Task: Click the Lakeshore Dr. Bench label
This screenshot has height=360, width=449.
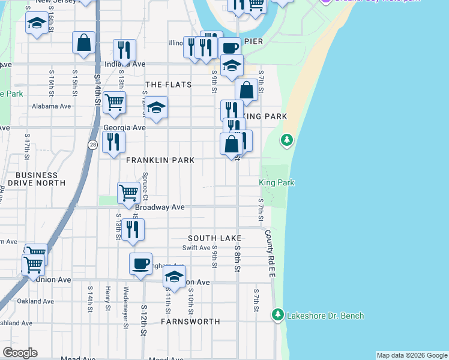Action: click(x=325, y=316)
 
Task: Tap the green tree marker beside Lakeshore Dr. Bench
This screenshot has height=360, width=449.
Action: click(x=277, y=314)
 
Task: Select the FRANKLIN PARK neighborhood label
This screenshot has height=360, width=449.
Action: click(x=160, y=160)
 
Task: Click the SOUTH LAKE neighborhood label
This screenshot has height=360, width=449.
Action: click(x=214, y=238)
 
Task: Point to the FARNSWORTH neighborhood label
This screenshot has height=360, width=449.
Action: click(x=190, y=322)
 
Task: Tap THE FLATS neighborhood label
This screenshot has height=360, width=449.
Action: click(x=169, y=85)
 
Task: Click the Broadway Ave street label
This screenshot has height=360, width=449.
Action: click(x=159, y=207)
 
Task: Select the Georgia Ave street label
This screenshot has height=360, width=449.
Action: click(x=124, y=128)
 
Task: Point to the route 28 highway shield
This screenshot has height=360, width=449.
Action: click(x=92, y=145)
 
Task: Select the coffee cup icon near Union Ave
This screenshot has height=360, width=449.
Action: click(x=141, y=263)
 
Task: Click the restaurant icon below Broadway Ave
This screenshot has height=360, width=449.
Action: click(x=133, y=229)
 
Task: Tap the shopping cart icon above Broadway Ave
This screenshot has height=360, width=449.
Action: click(x=129, y=193)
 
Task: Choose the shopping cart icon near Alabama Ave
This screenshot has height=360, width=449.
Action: click(x=114, y=101)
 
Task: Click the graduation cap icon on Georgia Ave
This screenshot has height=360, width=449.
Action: click(x=156, y=108)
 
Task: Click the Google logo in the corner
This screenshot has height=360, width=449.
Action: click(x=20, y=353)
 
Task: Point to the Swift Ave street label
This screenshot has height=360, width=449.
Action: click(x=197, y=248)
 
